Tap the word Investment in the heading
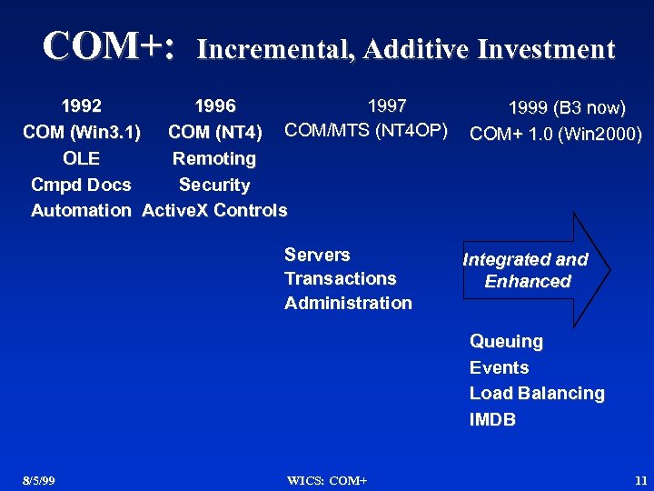(541, 49)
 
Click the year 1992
(81, 107)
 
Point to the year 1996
(215, 107)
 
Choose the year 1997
(386, 106)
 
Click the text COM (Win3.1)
(82, 133)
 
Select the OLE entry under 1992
(81, 158)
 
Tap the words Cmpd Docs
(81, 185)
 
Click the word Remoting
(214, 158)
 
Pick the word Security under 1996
(214, 185)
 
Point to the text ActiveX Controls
(214, 211)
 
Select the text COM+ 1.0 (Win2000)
(556, 135)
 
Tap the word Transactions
(340, 278)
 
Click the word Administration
(348, 303)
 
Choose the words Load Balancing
(536, 393)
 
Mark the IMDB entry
(491, 419)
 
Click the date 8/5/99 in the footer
(39, 479)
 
